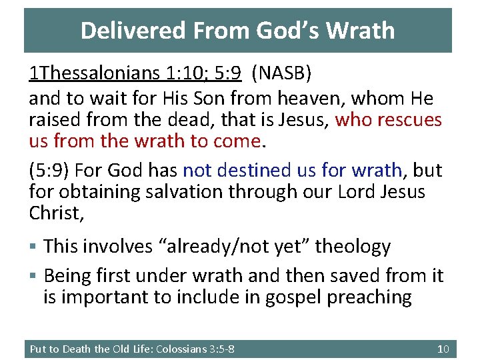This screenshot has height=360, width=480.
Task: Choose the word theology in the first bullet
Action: (x=353, y=246)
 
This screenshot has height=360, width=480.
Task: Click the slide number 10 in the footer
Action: (x=443, y=349)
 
